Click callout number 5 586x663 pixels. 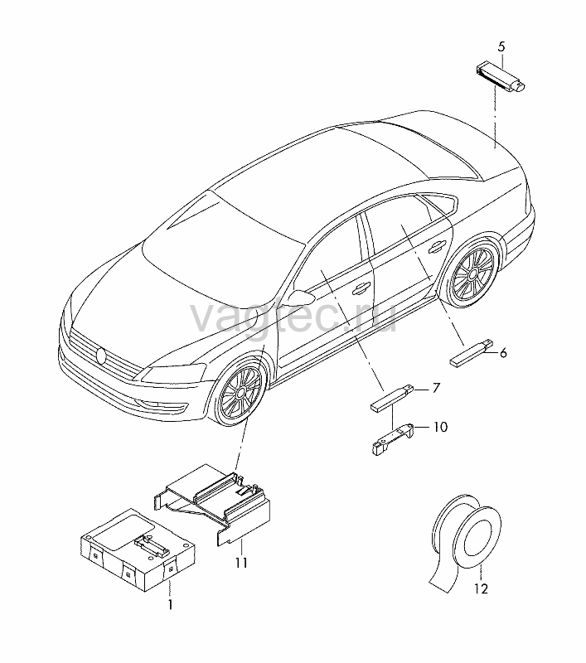(x=501, y=46)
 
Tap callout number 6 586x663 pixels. (x=503, y=353)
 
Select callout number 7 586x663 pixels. (x=436, y=388)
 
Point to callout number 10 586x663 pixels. (x=440, y=427)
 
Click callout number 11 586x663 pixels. (x=241, y=564)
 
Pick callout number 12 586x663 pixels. (x=481, y=588)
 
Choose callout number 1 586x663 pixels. (x=170, y=605)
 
